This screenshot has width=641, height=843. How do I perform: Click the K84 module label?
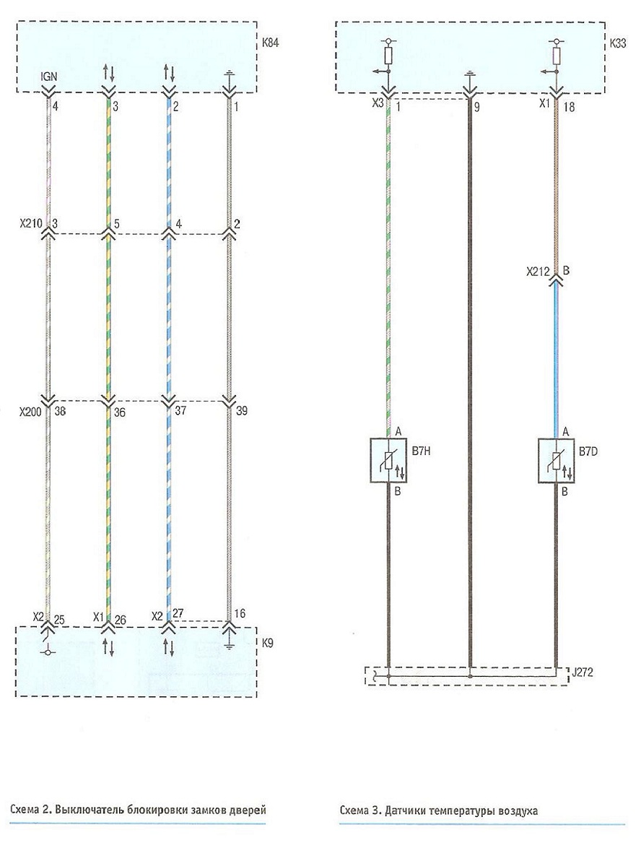270,43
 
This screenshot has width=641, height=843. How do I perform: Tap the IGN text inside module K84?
49,77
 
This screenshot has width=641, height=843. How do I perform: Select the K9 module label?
267,642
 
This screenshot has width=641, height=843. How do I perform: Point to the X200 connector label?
30,412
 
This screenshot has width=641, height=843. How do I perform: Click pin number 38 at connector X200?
60,411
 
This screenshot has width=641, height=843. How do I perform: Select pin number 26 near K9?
120,620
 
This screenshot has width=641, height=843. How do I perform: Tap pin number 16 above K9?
240,613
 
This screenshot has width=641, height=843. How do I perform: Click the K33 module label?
618,43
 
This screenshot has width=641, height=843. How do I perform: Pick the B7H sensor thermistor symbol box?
389,461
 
